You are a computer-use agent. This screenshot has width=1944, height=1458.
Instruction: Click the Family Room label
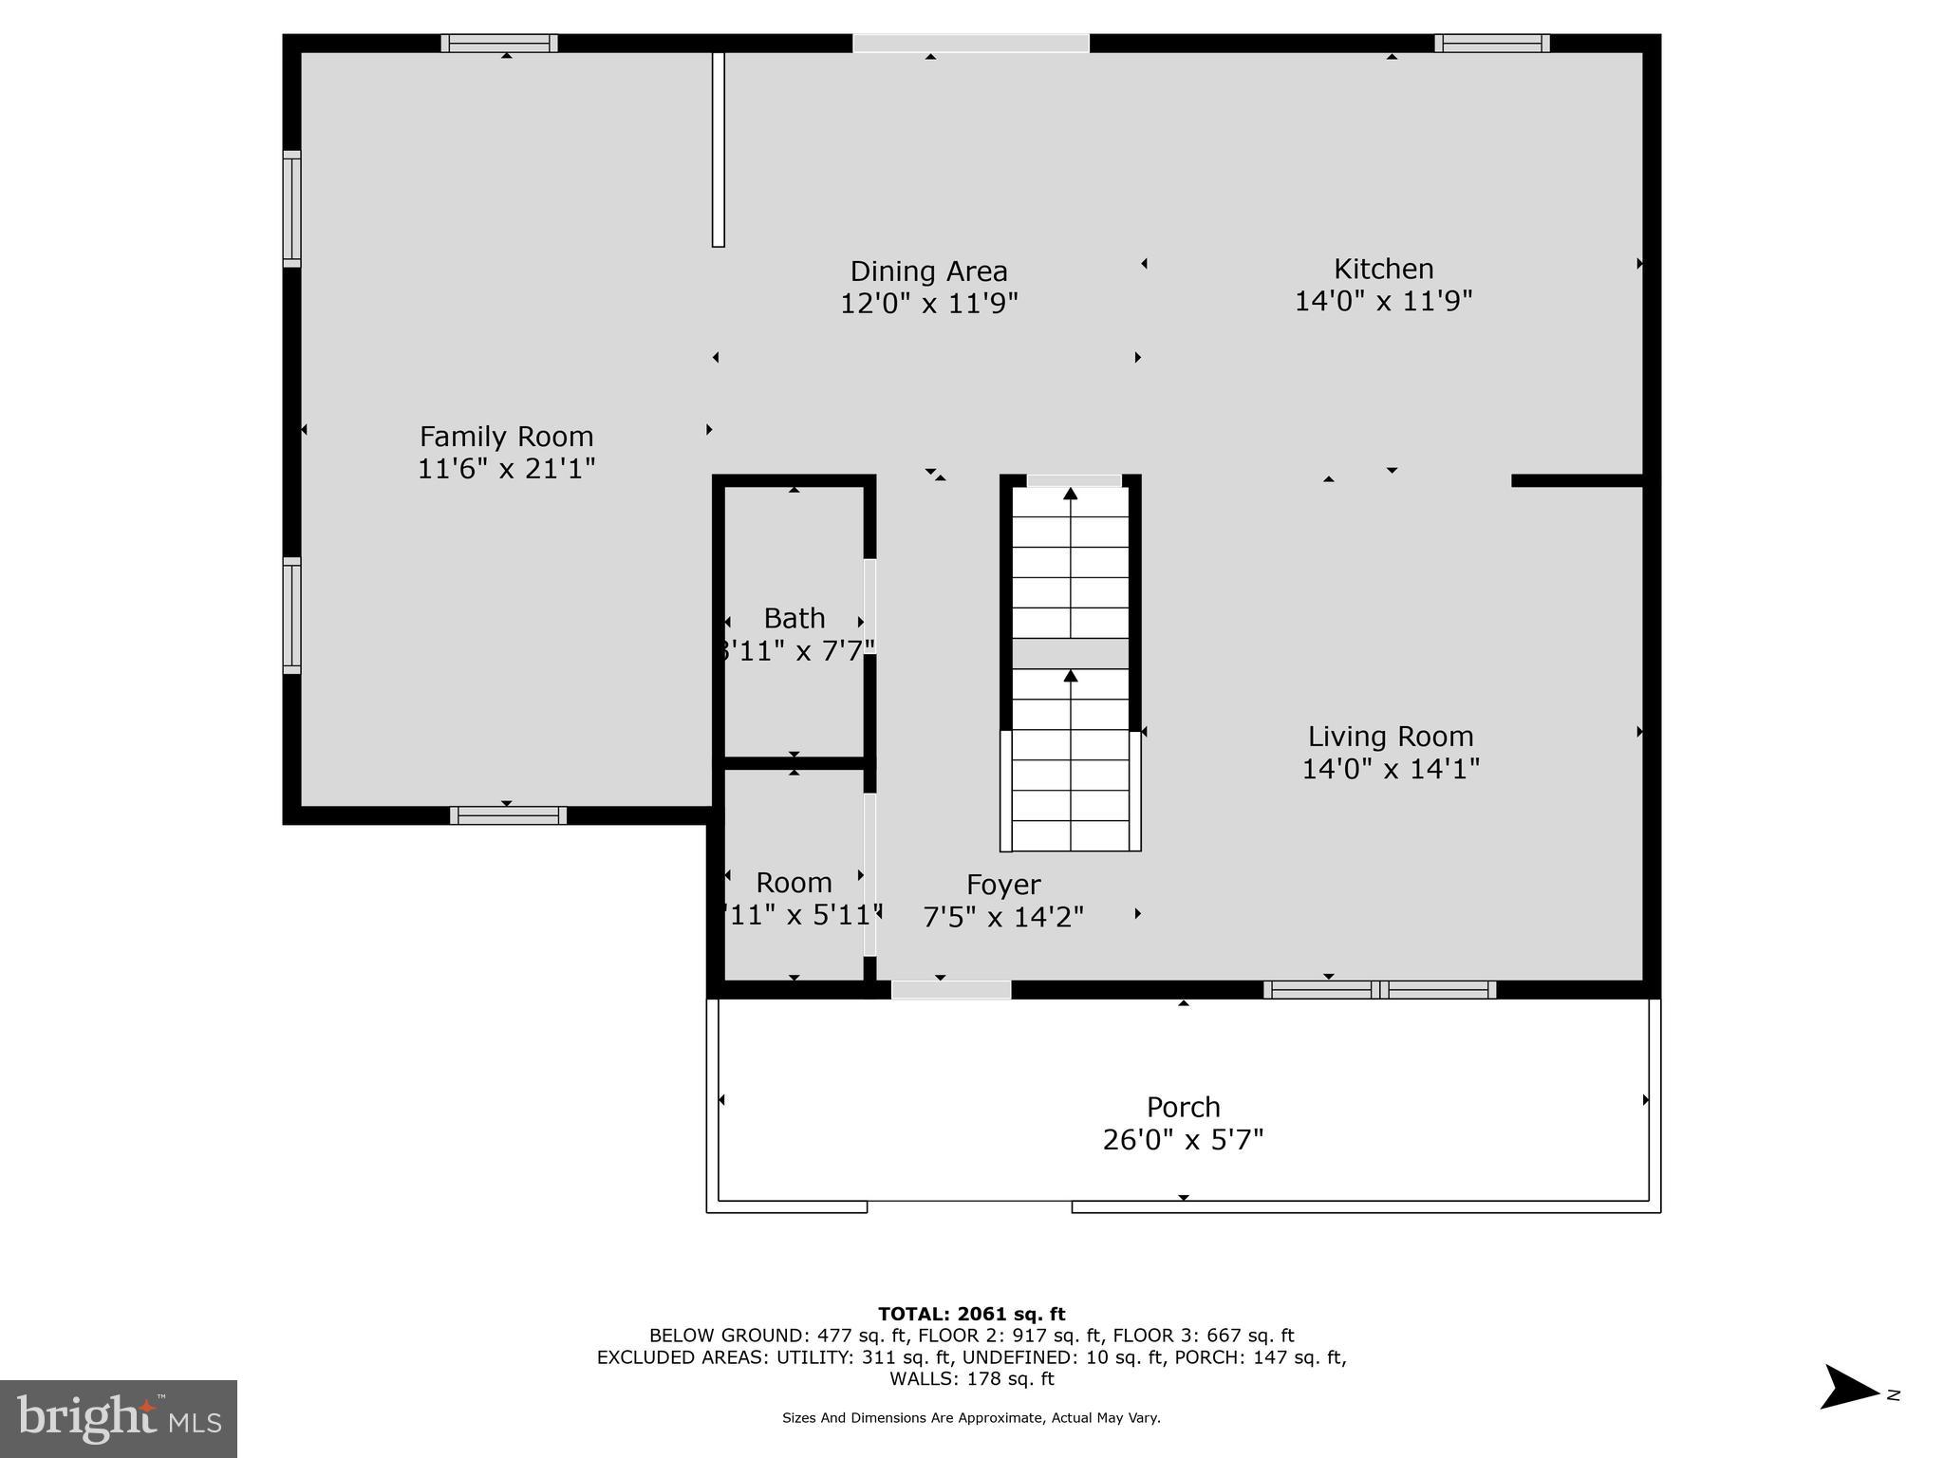[x=506, y=437]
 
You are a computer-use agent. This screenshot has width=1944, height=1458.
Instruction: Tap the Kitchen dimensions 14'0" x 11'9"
[x=1383, y=302]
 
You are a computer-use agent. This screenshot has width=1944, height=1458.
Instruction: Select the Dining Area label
[x=928, y=271]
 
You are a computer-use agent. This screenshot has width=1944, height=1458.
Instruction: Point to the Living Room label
[x=1390, y=737]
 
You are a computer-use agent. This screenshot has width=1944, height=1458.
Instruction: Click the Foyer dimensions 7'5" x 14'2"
[x=1003, y=917]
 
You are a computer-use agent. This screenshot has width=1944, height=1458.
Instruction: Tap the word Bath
[x=794, y=619]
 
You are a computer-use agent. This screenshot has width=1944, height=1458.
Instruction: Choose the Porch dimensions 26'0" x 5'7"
[x=1183, y=1139]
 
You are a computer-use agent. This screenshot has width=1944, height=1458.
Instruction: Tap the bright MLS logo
[x=119, y=1418]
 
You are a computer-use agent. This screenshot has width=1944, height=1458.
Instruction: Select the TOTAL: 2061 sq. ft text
[x=971, y=1314]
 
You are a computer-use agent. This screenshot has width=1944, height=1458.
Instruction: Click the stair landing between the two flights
[x=1070, y=654]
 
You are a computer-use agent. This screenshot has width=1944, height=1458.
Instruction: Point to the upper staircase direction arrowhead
[x=1070, y=494]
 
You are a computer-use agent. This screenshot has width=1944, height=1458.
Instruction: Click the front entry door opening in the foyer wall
[x=951, y=990]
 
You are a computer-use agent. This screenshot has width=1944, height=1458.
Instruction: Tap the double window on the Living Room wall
[x=1379, y=990]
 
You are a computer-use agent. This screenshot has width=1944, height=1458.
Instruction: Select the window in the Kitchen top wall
[x=1491, y=44]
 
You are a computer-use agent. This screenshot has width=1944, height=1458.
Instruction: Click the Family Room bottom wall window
[x=508, y=814]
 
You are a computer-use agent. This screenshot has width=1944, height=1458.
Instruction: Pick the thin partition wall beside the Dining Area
[x=719, y=150]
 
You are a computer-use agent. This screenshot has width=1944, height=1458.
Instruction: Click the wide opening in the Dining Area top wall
[x=970, y=44]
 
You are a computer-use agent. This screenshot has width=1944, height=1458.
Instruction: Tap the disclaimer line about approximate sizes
[x=971, y=1418]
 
